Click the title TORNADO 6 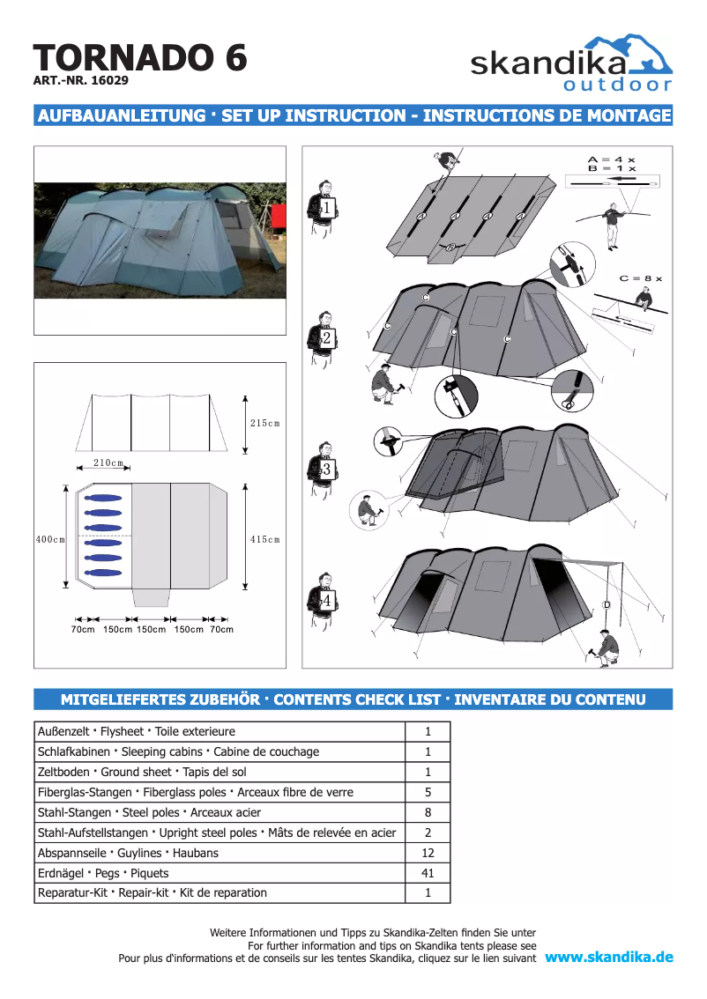tap(140, 58)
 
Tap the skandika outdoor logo tap(570, 63)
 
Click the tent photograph tap(160, 240)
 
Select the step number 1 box tap(326, 209)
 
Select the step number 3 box tap(326, 470)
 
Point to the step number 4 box tap(326, 600)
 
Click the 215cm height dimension tap(264, 424)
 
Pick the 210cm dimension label tap(108, 462)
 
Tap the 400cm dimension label tap(50, 539)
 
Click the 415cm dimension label tap(264, 539)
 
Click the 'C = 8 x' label tap(640, 278)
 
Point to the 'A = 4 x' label tap(611, 160)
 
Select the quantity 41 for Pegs tap(428, 873)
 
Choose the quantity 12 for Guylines tap(428, 853)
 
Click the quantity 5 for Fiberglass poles tap(428, 792)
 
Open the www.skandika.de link tap(609, 958)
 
